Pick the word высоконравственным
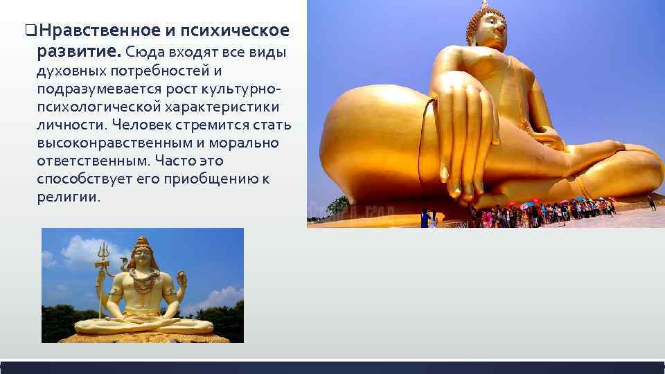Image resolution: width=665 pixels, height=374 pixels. click(x=114, y=143)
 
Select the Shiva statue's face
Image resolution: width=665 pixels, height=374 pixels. click(x=144, y=257)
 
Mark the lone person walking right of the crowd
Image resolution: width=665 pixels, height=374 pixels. click(x=651, y=202)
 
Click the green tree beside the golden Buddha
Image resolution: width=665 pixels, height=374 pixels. click(x=339, y=205)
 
